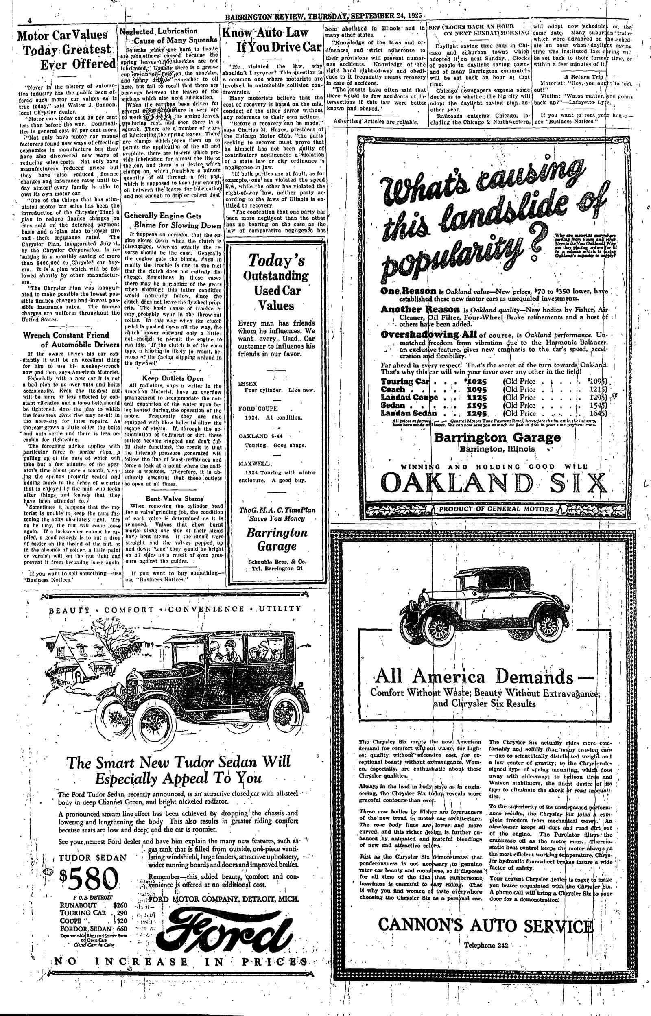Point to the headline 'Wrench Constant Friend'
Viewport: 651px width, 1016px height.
click(66, 336)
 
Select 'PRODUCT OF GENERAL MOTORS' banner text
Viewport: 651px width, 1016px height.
click(496, 509)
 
